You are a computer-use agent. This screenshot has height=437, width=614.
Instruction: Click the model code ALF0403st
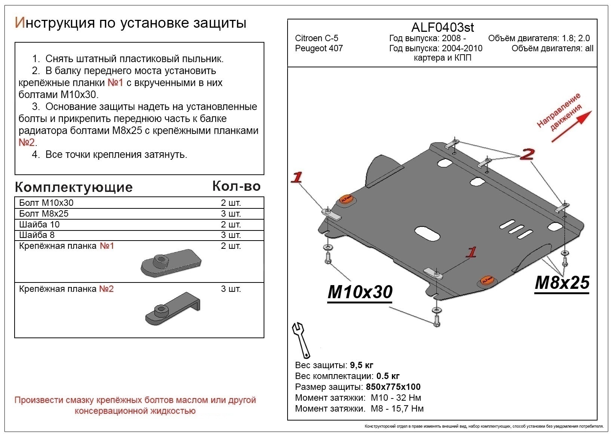pyautogui.click(x=442, y=27)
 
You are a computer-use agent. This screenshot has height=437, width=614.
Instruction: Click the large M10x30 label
pyautogui.click(x=360, y=292)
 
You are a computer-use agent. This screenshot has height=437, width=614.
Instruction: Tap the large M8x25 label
pyautogui.click(x=562, y=283)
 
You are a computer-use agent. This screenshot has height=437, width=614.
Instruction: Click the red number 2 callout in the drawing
pyautogui.click(x=527, y=154)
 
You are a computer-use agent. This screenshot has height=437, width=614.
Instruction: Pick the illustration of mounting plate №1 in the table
pyautogui.click(x=171, y=263)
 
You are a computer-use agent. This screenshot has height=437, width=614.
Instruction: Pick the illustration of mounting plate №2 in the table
pyautogui.click(x=172, y=309)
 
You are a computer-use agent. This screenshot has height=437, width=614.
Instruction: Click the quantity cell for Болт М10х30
pyautogui.click(x=231, y=203)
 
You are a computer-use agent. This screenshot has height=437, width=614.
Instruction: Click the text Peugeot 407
pyautogui.click(x=319, y=48)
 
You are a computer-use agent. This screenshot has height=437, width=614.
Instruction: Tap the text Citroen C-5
pyautogui.click(x=316, y=38)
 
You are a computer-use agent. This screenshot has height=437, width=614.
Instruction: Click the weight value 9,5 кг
pyautogui.click(x=362, y=365)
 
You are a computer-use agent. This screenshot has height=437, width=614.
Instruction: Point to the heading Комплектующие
pyautogui.click(x=74, y=187)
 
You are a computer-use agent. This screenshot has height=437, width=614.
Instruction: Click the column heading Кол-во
pyautogui.click(x=236, y=186)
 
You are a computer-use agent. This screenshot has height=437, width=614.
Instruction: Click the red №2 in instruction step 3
pyautogui.click(x=27, y=143)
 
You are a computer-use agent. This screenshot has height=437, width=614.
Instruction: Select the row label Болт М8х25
pyautogui.click(x=44, y=214)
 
